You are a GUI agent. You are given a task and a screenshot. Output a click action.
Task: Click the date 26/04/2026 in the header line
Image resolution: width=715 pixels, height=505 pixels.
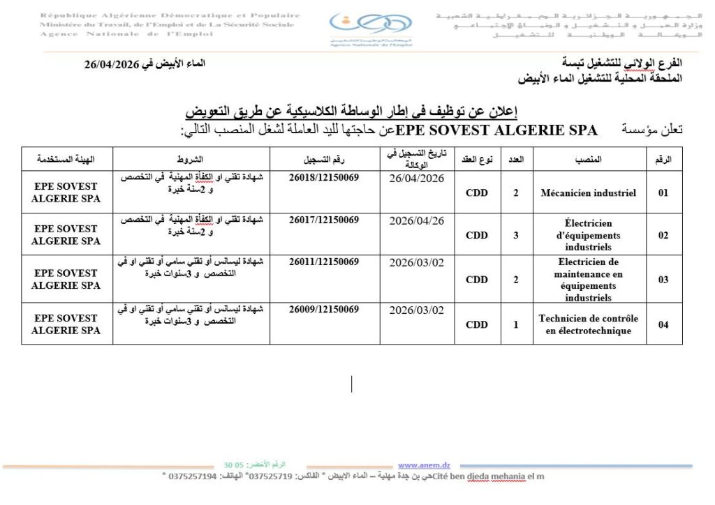click(x=112, y=64)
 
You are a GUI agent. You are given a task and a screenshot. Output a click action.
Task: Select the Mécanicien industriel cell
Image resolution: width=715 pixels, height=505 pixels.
click(x=588, y=193)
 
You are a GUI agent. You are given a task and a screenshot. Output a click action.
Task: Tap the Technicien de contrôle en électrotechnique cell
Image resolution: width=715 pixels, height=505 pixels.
click(x=588, y=324)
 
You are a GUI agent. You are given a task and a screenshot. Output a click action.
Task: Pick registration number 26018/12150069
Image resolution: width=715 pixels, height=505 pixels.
click(x=324, y=178)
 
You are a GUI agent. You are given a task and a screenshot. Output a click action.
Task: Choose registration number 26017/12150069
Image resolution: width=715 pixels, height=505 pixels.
click(x=324, y=220)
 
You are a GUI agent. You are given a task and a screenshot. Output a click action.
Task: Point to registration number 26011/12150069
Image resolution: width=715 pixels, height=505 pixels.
click(x=324, y=263)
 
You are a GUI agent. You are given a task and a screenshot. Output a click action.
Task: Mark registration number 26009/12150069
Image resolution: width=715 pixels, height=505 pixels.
click(x=324, y=309)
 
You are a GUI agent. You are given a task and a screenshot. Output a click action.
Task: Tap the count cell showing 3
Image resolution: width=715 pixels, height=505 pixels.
click(x=515, y=235)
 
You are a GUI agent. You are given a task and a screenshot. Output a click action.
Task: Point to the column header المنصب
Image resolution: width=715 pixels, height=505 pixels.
click(x=588, y=160)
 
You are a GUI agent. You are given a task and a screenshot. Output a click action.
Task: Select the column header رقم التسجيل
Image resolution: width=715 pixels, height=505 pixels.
click(x=324, y=160)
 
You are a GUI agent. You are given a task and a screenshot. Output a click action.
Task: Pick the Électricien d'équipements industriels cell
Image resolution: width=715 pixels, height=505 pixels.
click(x=588, y=235)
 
